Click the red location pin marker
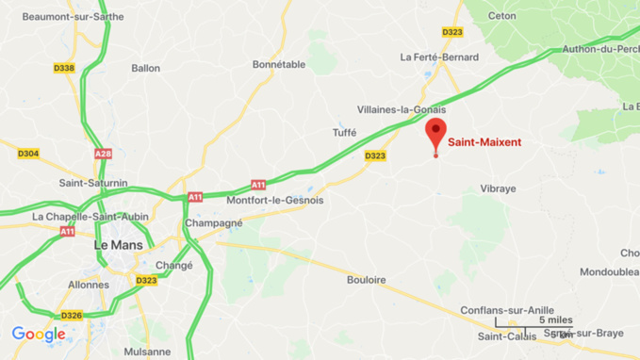point(435,133)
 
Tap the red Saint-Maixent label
point(484,143)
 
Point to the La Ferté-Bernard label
point(438,57)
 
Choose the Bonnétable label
point(279,65)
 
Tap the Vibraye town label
point(499,189)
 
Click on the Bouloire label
point(366,280)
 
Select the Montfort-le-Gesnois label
point(275,201)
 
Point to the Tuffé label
point(344,133)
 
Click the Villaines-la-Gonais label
point(402,109)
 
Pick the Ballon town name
point(146,68)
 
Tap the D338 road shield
point(64,68)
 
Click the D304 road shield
point(28,154)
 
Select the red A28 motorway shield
point(103,154)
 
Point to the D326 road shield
point(72,315)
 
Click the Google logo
point(39,335)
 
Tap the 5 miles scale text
point(555,320)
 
